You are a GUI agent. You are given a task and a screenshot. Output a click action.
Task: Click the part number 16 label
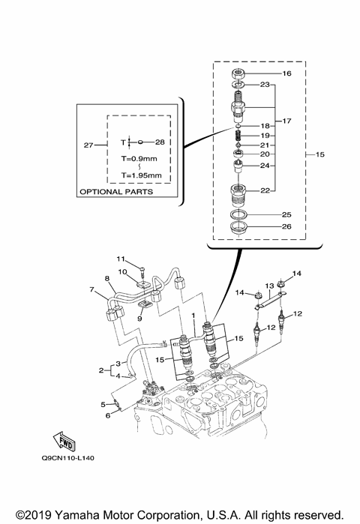click(x=286, y=74)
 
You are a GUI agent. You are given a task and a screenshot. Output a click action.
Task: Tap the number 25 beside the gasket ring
click(x=286, y=214)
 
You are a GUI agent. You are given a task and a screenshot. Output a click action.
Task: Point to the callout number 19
click(x=286, y=135)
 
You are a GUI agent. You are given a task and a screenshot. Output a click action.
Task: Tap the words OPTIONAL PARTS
click(x=115, y=192)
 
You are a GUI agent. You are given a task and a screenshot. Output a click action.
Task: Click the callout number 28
click(x=159, y=141)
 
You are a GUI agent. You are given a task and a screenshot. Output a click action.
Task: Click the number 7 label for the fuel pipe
click(x=92, y=289)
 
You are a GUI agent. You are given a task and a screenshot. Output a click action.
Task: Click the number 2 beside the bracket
click(x=101, y=370)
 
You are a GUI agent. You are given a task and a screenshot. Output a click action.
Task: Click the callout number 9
click(x=139, y=319)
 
